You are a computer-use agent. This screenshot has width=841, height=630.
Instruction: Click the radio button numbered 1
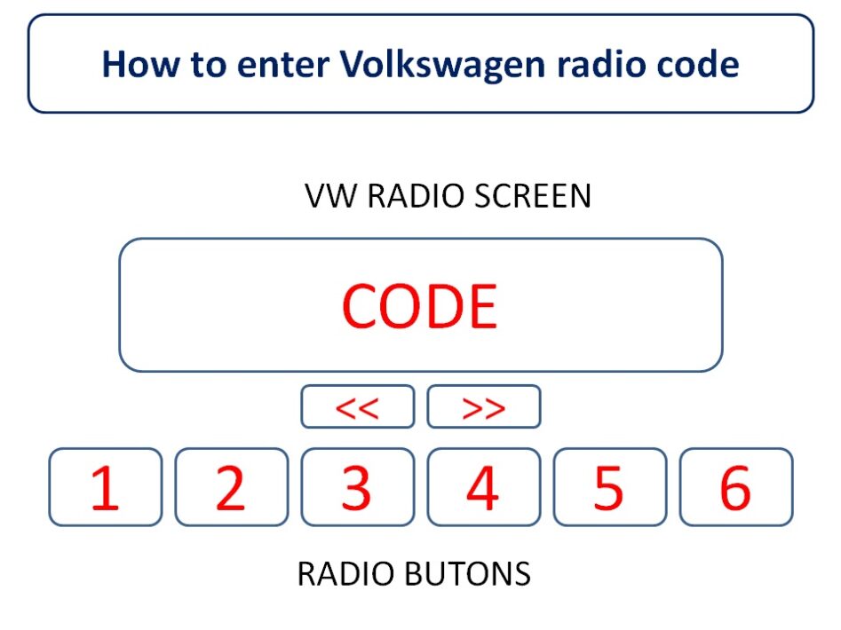click(x=106, y=487)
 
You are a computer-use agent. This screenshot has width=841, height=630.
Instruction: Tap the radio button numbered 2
click(x=232, y=487)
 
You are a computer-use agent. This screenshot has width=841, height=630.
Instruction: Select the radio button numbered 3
click(x=357, y=487)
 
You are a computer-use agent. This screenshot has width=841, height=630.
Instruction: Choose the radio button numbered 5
click(x=609, y=487)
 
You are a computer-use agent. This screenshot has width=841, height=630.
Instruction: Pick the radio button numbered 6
click(x=735, y=487)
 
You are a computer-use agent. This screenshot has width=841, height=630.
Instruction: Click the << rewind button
click(x=357, y=407)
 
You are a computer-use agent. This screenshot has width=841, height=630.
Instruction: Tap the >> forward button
click(x=484, y=407)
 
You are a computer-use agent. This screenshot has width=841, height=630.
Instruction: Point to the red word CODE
click(x=419, y=307)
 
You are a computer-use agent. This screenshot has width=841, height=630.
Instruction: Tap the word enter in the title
click(x=283, y=65)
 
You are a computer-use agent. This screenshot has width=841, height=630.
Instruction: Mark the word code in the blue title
click(x=697, y=65)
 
